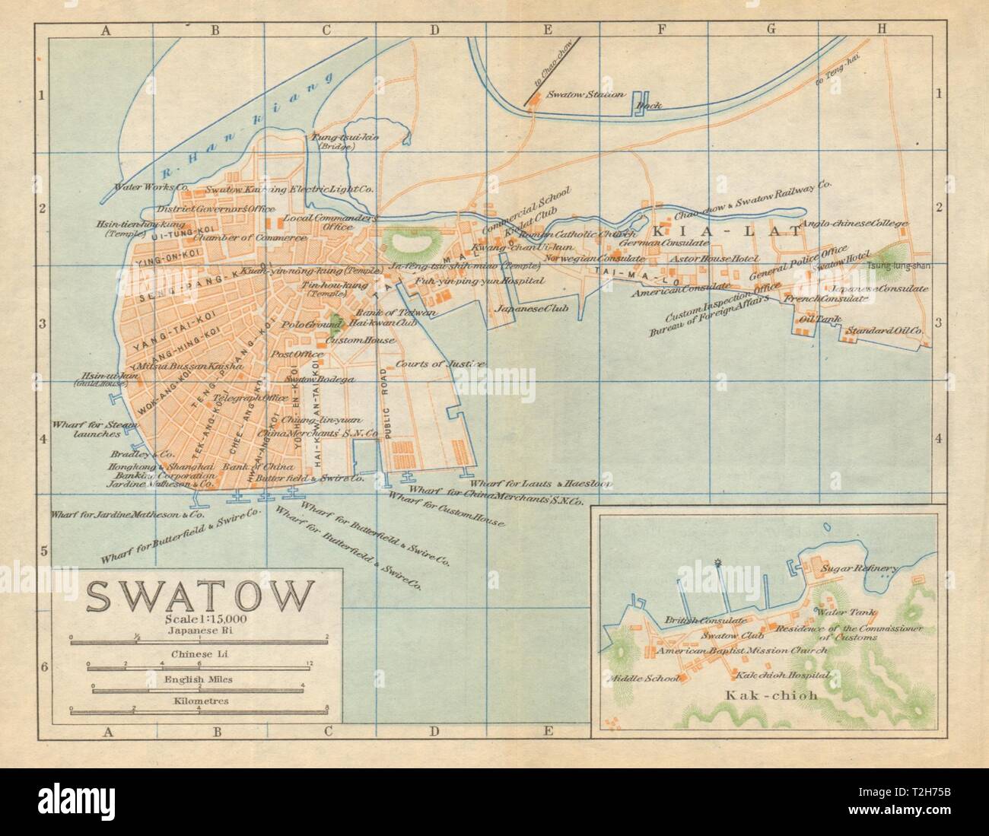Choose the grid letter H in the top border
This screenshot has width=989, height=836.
click(881, 30)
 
